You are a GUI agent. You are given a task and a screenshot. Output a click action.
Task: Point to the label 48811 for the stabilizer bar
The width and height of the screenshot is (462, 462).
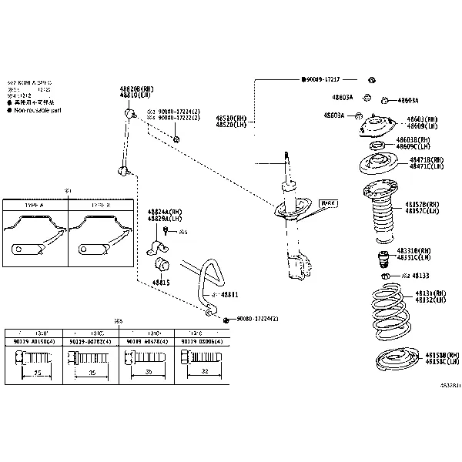click(x=229, y=295)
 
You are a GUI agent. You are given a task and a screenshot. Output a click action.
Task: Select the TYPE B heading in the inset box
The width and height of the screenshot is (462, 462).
click(x=101, y=206)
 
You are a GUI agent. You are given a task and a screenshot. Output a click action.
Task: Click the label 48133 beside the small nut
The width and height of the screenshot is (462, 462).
click(x=420, y=275)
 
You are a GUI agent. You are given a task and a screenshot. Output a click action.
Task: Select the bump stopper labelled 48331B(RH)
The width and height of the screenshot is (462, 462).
click(x=380, y=259)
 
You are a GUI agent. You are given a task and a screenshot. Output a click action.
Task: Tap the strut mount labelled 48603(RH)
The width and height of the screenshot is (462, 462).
click(x=374, y=126)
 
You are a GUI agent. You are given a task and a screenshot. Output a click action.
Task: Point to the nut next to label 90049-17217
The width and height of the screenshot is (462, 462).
click(x=371, y=80)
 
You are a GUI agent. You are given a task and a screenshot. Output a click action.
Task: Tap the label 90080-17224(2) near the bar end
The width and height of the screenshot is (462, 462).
click(x=257, y=319)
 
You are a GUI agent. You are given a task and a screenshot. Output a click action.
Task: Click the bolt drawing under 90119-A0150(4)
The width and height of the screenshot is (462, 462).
click(x=32, y=360)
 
